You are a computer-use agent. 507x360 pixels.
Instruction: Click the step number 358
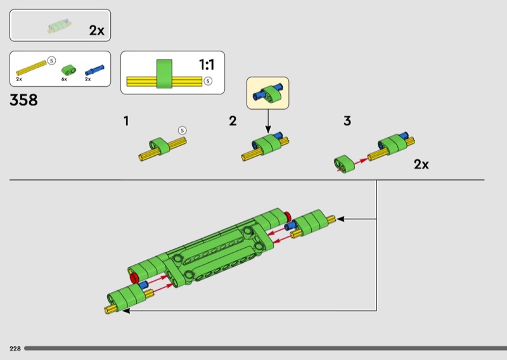coord(23,100)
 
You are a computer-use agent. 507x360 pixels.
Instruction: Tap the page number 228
coord(15,349)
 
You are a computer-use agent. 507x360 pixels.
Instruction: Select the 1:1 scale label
coord(207,65)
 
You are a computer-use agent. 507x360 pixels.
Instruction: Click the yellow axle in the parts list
coord(31,68)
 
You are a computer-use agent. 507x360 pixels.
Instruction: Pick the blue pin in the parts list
coord(94,70)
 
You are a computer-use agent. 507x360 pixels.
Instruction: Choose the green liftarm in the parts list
coord(69,70)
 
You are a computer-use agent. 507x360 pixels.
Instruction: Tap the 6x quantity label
coord(64,79)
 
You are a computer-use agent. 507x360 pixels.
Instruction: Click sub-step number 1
coord(126,121)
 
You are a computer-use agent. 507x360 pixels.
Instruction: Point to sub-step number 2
coord(233,121)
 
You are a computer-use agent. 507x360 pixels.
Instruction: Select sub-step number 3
coord(347,121)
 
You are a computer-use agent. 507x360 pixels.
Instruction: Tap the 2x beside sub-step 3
coord(421,164)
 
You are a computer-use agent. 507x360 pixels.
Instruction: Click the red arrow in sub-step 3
coord(361,162)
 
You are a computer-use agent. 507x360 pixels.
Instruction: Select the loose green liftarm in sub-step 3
coord(344,164)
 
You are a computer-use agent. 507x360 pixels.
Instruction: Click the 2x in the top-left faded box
coord(97,30)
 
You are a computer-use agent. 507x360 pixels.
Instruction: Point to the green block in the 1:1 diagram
coord(164,74)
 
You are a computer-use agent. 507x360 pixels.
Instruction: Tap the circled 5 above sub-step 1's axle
coord(183,131)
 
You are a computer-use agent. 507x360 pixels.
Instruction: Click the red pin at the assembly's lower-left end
coord(134,278)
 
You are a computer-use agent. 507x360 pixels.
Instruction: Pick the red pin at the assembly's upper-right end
coord(288,216)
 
